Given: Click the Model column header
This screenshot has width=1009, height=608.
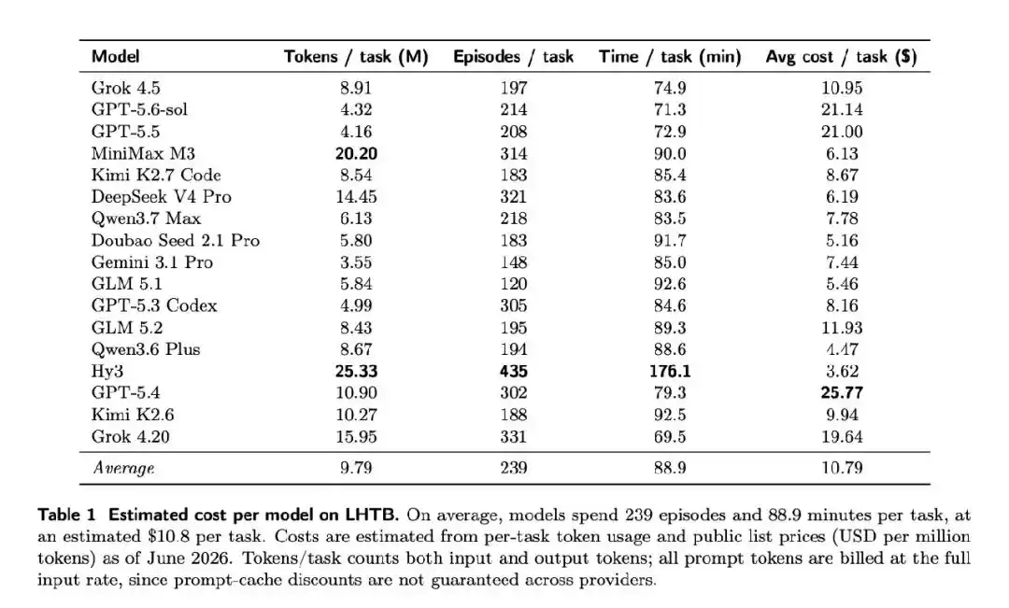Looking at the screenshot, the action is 115,57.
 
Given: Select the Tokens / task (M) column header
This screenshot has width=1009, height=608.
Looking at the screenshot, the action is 356,57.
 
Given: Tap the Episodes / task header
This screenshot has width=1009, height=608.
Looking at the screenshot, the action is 513,57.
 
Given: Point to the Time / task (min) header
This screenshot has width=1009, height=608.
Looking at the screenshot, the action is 670,57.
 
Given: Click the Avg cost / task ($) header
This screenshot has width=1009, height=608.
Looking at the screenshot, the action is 841,57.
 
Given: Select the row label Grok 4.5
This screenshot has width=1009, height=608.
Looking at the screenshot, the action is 125,88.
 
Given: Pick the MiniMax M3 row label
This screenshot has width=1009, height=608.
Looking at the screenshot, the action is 143,153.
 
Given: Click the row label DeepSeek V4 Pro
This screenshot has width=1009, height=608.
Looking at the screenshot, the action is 161,196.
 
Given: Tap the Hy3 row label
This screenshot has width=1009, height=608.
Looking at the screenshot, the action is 107,371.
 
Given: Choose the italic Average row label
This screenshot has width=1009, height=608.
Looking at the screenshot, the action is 123,468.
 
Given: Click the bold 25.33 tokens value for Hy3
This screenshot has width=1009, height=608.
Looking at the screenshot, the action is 356,371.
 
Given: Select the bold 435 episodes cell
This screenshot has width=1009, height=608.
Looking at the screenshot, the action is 514,371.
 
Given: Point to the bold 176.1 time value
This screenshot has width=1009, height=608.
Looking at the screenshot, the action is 670,371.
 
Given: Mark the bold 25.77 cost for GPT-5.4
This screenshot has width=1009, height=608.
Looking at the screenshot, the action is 842,392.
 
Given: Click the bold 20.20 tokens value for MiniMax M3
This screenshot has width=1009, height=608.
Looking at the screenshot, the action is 356,153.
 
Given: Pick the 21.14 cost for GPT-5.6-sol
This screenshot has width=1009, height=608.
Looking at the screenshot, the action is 842,109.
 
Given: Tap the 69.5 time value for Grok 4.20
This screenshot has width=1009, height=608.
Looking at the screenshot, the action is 670,436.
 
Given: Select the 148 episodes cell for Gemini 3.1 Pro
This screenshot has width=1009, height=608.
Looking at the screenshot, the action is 514,262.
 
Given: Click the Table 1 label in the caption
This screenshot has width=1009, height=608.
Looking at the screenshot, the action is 66,515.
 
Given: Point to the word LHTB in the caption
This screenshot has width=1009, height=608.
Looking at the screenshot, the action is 372,515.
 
